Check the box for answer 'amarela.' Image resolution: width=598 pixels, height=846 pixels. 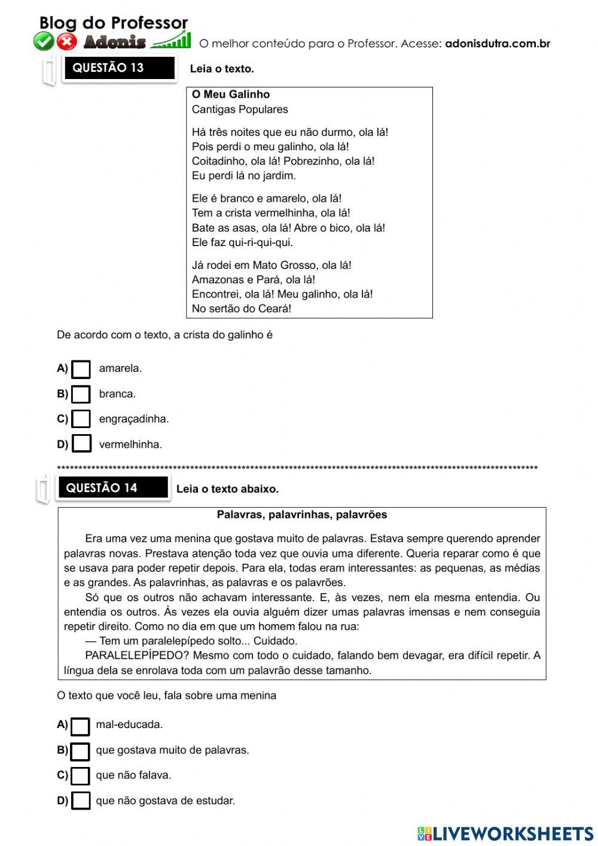[81, 369]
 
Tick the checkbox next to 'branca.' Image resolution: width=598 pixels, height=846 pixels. [81, 395]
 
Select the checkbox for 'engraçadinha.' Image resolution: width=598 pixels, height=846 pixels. [81, 419]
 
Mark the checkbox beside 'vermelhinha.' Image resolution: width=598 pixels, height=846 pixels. [81, 444]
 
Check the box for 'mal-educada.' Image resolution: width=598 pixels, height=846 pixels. [80, 726]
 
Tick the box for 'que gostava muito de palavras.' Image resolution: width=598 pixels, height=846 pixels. [80, 751]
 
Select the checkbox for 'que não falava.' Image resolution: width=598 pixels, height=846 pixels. [80, 776]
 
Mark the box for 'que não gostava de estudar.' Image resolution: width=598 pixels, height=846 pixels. [80, 801]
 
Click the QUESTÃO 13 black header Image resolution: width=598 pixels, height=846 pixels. [118, 68]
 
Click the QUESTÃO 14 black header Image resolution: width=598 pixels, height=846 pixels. [112, 488]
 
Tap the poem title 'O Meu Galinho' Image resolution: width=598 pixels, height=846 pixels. [231, 95]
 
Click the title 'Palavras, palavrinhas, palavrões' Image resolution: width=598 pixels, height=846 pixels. [301, 515]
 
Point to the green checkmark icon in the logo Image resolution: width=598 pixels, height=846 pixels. [44, 41]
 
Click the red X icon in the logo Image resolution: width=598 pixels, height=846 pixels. [67, 41]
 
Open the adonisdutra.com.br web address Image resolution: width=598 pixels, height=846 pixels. [497, 44]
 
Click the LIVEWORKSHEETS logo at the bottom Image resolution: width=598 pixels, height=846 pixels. [505, 833]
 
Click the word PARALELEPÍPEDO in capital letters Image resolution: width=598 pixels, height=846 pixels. [137, 656]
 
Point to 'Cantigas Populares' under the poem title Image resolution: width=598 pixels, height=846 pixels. [240, 110]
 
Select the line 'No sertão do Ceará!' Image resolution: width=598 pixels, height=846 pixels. [242, 309]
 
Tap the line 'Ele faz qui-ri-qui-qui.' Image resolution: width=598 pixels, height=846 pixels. [242, 242]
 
